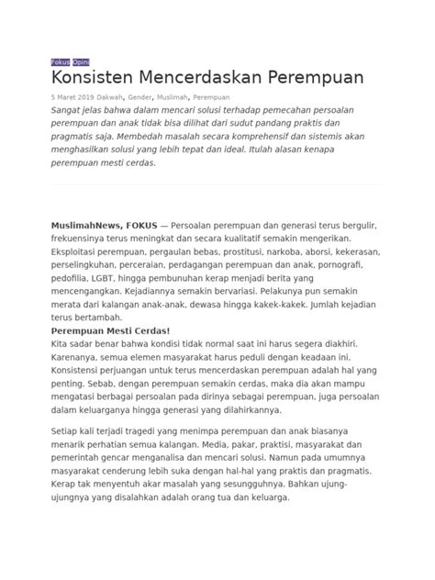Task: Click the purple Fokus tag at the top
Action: (x=60, y=61)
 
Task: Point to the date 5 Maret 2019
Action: (x=73, y=95)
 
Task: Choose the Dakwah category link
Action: (x=118, y=95)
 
